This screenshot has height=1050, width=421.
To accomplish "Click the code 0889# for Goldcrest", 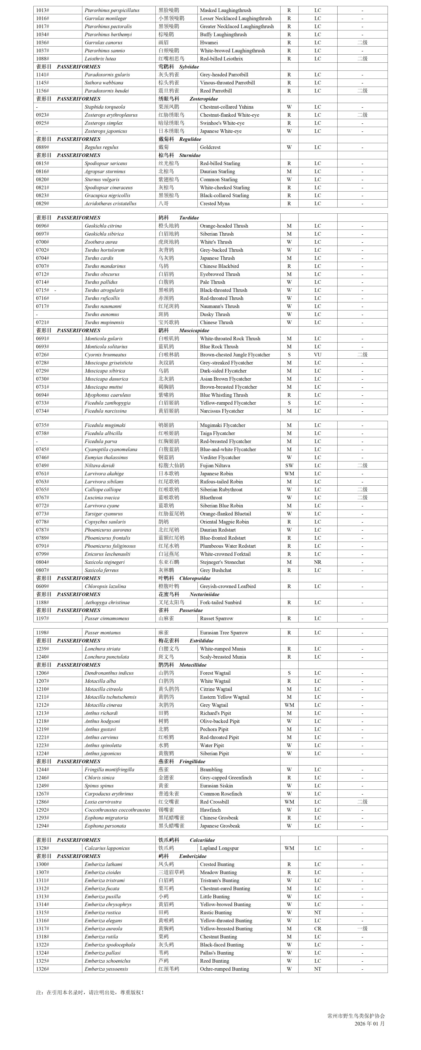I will coord(42,147).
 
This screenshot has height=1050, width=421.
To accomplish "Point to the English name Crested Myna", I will coord(215,203).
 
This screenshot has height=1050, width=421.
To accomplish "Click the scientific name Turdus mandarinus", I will coord(105,266).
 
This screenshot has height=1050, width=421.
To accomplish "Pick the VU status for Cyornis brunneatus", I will coord(317,355).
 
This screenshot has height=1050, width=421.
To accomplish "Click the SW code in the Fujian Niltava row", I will coord(289,466).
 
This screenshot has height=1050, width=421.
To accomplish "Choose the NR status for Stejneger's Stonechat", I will coord(317,562).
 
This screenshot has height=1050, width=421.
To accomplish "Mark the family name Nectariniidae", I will coord(204,594).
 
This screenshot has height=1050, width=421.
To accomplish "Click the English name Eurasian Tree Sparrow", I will coord(224,633).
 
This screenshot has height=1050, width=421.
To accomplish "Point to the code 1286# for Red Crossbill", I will coord(42,802).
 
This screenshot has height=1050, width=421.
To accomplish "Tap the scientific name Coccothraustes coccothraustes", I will coord(117,810).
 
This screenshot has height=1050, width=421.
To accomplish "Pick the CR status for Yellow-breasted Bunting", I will coord(317,928).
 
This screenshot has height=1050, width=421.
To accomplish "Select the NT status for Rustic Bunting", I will coord(317,913).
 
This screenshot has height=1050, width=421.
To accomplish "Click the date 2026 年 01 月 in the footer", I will coord(369,1024).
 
